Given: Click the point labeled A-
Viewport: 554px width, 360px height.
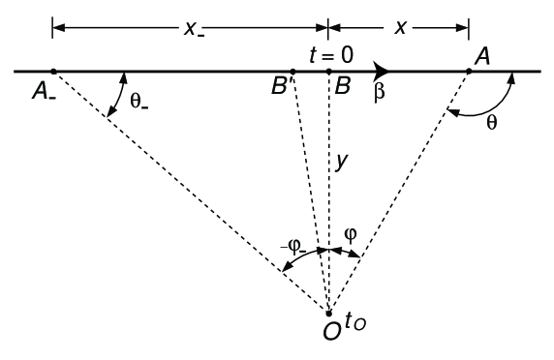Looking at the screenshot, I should point(53,71).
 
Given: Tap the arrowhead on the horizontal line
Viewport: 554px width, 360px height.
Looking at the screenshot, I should point(384,71).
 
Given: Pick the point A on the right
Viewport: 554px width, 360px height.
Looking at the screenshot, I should point(468,71).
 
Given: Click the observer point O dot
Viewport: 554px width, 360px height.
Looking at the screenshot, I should point(329,313).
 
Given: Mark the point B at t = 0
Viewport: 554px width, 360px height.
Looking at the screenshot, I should point(328,71).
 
